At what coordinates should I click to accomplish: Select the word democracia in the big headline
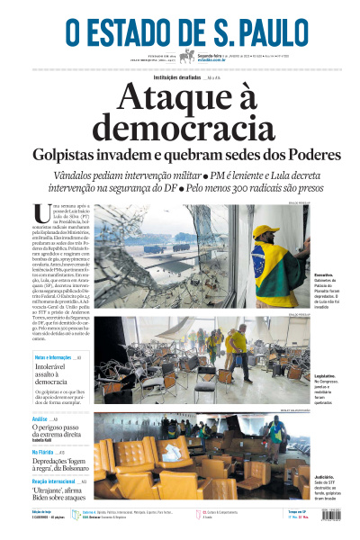180,128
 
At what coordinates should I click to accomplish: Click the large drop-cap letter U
39,212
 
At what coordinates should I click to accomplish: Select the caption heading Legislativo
327,375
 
